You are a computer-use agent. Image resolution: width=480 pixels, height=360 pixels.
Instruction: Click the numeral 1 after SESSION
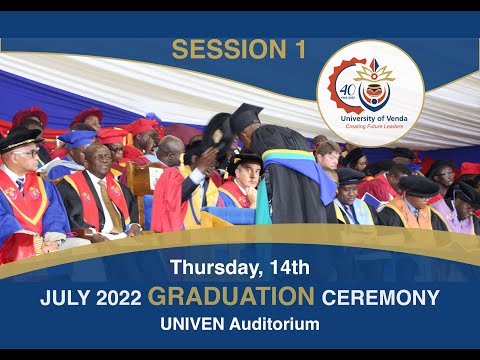click(x=299, y=49)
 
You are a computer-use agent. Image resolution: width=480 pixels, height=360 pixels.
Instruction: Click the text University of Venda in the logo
click(x=370, y=117)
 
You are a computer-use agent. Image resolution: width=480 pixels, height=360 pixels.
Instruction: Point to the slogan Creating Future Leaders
click(x=370, y=126)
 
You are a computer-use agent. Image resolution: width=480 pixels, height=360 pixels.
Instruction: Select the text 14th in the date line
click(x=288, y=267)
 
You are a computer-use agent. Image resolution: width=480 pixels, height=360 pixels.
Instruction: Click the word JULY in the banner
click(x=62, y=297)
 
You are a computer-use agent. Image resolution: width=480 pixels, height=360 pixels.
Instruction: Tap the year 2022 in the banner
click(x=116, y=297)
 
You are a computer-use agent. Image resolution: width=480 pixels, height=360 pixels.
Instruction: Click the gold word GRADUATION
click(x=230, y=296)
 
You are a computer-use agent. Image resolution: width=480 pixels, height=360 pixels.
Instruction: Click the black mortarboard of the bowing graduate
click(x=244, y=116)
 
